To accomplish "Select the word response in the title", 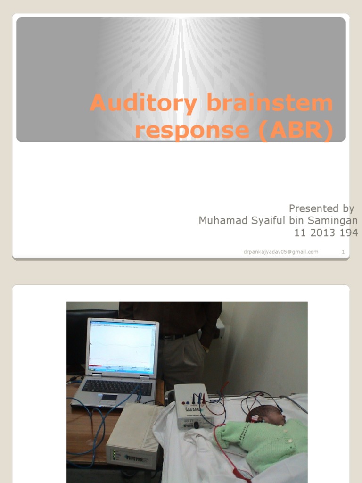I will pos(191,131).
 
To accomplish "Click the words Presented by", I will pos(321,208).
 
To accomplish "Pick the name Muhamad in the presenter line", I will pos(219,220).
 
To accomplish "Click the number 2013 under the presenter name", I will pos(324,233).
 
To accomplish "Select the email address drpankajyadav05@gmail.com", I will pos(280,252).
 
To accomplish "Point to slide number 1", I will pos(343,252).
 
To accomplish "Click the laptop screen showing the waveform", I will pos(122,347).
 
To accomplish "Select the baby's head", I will pos(267,415).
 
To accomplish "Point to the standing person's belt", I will pos(177,337).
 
